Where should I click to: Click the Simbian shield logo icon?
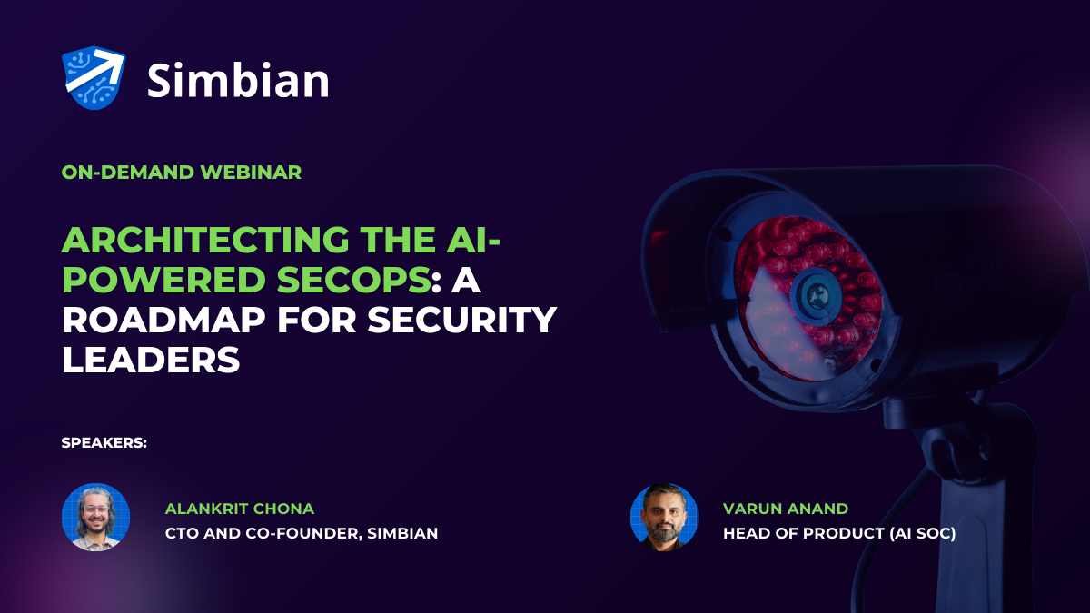(94, 78)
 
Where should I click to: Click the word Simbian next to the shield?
(238, 80)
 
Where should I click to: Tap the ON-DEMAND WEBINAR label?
(182, 173)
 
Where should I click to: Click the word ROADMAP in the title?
(163, 320)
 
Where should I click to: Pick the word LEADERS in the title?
(151, 359)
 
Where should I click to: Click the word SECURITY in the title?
(461, 320)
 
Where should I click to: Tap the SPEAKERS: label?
(104, 443)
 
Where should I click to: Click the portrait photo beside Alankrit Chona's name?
(96, 517)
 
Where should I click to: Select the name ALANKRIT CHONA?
(240, 509)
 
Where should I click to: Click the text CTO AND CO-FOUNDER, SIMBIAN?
(302, 533)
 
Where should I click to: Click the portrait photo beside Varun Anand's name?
(664, 517)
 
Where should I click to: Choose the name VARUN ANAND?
(786, 509)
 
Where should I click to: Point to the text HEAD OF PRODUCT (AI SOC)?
(839, 534)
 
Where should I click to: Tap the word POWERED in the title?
(164, 280)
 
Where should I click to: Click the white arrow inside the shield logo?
(94, 72)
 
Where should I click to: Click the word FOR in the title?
(316, 320)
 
